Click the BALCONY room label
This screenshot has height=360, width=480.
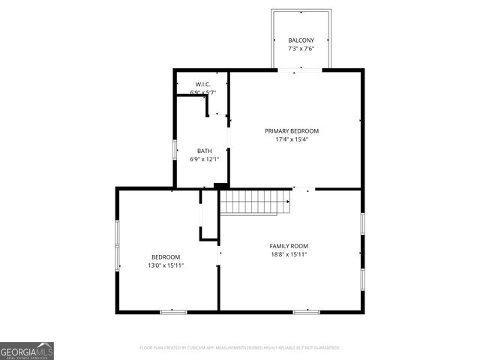point(301,40)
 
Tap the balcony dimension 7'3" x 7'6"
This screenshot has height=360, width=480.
point(301,49)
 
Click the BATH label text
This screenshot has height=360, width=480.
point(204,151)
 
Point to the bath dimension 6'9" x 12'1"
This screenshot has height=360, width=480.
point(204,159)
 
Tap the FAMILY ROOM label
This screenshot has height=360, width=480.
point(289,246)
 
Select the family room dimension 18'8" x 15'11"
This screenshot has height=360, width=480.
point(289,254)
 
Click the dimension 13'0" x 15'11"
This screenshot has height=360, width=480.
point(165,265)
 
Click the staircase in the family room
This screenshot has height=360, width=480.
point(254,202)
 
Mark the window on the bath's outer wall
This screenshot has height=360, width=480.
point(175,150)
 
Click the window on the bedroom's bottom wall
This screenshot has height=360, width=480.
point(173,310)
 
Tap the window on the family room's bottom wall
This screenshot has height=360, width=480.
point(306,310)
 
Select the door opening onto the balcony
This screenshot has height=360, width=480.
point(301,70)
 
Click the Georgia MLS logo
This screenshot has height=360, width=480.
point(27,351)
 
